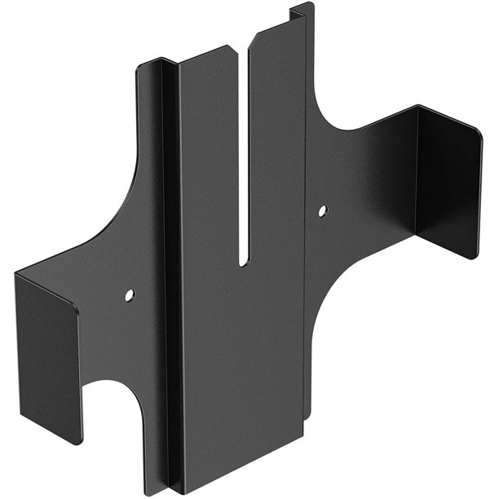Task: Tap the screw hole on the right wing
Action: (322, 210)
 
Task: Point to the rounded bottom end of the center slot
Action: (243, 262)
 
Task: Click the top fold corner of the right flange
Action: (419, 108)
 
